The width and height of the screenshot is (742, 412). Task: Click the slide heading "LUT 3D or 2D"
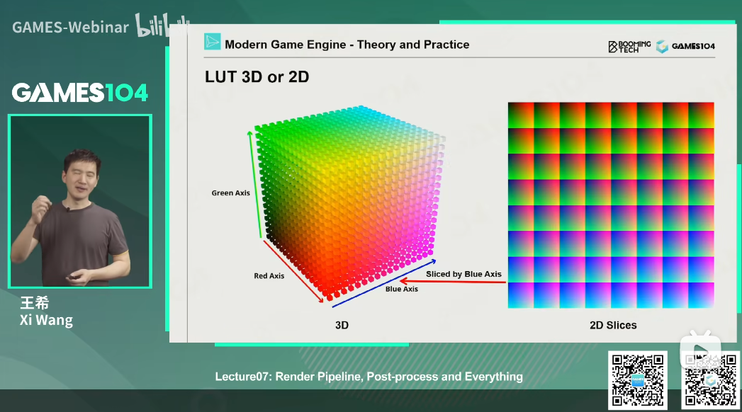[x=257, y=76]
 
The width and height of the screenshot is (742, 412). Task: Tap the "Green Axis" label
[x=230, y=193]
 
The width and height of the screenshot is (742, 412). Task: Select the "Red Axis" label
[x=269, y=276]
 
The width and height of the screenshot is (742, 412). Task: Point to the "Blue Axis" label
[x=401, y=289]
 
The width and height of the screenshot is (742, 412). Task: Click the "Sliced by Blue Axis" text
[x=463, y=274]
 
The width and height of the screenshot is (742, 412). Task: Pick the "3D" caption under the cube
[x=342, y=325]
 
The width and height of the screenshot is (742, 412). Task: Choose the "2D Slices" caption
[x=613, y=325]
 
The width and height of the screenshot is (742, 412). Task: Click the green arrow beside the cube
[x=254, y=185]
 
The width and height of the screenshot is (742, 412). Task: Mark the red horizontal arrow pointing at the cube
[x=453, y=282]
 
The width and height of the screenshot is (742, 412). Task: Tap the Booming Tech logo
[x=629, y=46]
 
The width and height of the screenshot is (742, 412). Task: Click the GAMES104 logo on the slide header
[x=685, y=46]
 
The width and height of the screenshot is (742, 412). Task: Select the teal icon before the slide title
[x=212, y=42]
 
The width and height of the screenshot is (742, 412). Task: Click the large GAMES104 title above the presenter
[x=80, y=93]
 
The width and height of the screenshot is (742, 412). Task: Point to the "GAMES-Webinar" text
[x=70, y=28]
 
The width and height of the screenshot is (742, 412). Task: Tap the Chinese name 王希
[x=35, y=302]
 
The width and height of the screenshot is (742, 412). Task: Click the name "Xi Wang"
[x=46, y=321]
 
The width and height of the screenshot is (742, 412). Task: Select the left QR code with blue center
[x=637, y=380]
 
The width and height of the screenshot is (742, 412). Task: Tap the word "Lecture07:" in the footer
[x=243, y=377]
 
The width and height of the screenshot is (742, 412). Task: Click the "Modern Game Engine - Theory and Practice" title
[x=347, y=45]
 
